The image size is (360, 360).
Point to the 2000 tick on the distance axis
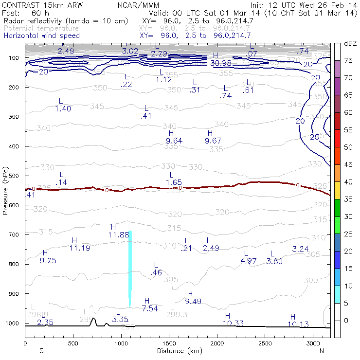point(217,343)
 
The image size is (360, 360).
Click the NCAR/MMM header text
point(138,5)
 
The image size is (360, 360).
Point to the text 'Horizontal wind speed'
point(41,36)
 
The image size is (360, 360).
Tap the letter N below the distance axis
point(322,351)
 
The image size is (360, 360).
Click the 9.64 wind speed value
point(174,141)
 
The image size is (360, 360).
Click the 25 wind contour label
point(315,137)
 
